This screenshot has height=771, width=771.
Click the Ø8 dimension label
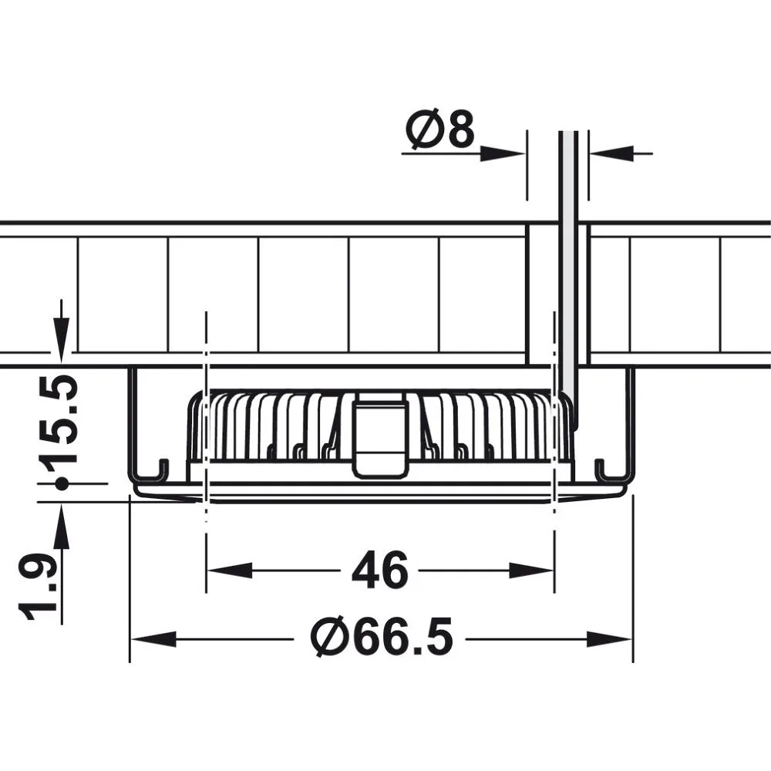pyautogui.click(x=440, y=130)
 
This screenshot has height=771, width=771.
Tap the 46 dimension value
pyautogui.click(x=380, y=571)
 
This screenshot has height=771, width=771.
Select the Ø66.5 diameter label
pyautogui.click(x=382, y=638)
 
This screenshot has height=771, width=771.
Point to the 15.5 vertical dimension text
pyautogui.click(x=60, y=420)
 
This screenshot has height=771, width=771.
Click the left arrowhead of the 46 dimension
pyautogui.click(x=229, y=571)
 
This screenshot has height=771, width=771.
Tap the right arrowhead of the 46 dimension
pyautogui.click(x=531, y=571)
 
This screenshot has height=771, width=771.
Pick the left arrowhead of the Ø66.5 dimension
pyautogui.click(x=153, y=639)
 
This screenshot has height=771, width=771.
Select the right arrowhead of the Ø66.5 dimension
pyautogui.click(x=609, y=639)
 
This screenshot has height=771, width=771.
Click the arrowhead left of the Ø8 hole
pyautogui.click(x=503, y=153)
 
